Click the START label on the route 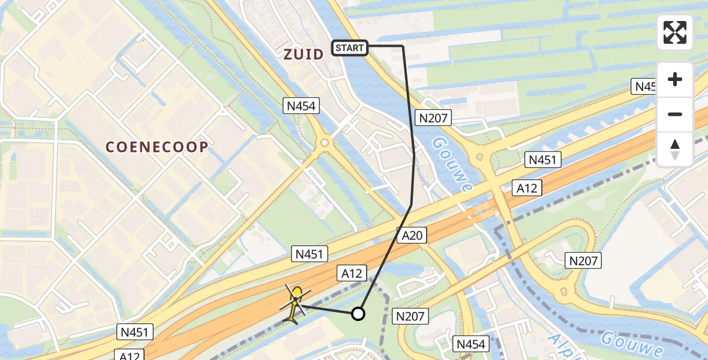pyautogui.click(x=349, y=47)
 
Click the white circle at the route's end pyautogui.click(x=358, y=313)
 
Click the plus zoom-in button pyautogui.click(x=675, y=79)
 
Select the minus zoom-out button pyautogui.click(x=675, y=114)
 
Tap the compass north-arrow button pyautogui.click(x=675, y=149)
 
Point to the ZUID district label pyautogui.click(x=303, y=53)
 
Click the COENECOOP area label pyautogui.click(x=157, y=147)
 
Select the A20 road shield pyautogui.click(x=412, y=235)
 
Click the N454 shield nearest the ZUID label pyautogui.click(x=301, y=106)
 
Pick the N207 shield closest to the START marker pyautogui.click(x=434, y=118)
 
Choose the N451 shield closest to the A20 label pyautogui.click(x=310, y=254)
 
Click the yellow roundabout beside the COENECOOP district pyautogui.click(x=325, y=143)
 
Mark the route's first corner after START pyautogui.click(x=403, y=46)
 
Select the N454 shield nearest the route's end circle pyautogui.click(x=470, y=344)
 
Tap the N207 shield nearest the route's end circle pyautogui.click(x=410, y=316)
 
